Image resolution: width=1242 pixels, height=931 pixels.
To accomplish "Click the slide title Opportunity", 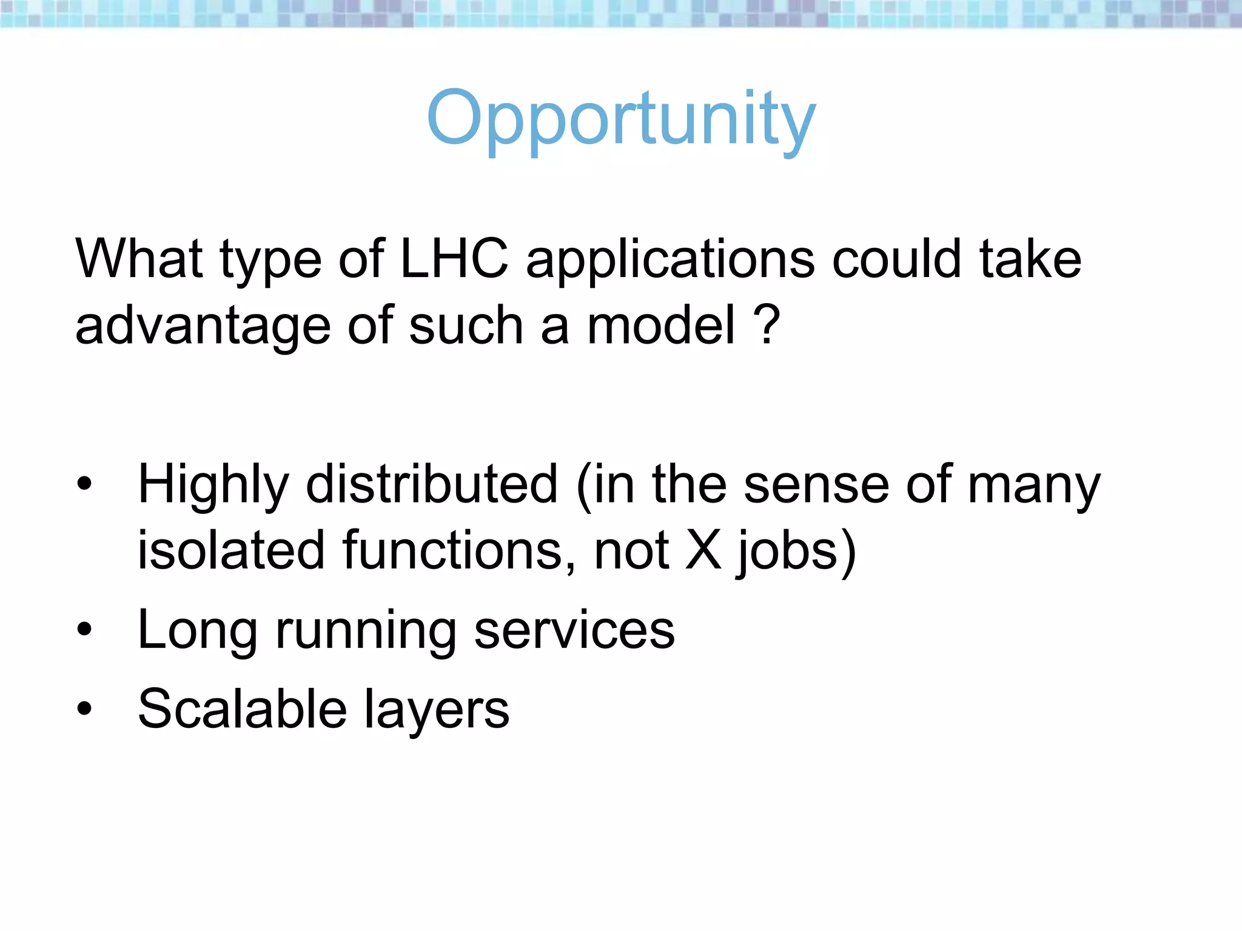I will (x=621, y=119).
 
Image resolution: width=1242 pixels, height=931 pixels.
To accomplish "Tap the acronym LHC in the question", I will (x=454, y=259).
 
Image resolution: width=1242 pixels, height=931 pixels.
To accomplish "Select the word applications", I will (x=670, y=261).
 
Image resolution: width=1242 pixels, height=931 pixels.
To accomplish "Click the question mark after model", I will (x=767, y=325).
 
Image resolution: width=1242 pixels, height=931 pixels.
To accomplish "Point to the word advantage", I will (x=203, y=327).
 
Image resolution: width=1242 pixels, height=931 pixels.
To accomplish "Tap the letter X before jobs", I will (x=703, y=550).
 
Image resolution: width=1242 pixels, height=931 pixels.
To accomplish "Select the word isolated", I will (x=231, y=550).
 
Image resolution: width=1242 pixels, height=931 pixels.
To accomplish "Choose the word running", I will (x=366, y=632).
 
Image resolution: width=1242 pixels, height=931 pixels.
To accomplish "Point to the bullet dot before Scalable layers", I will (x=84, y=708).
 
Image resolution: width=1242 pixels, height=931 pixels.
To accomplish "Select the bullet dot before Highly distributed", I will (x=84, y=484).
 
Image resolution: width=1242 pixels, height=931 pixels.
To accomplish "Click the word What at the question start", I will (x=139, y=259).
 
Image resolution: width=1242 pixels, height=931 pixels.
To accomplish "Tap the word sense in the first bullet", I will (x=816, y=485).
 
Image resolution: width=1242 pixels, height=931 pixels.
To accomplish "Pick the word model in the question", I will (x=661, y=325).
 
